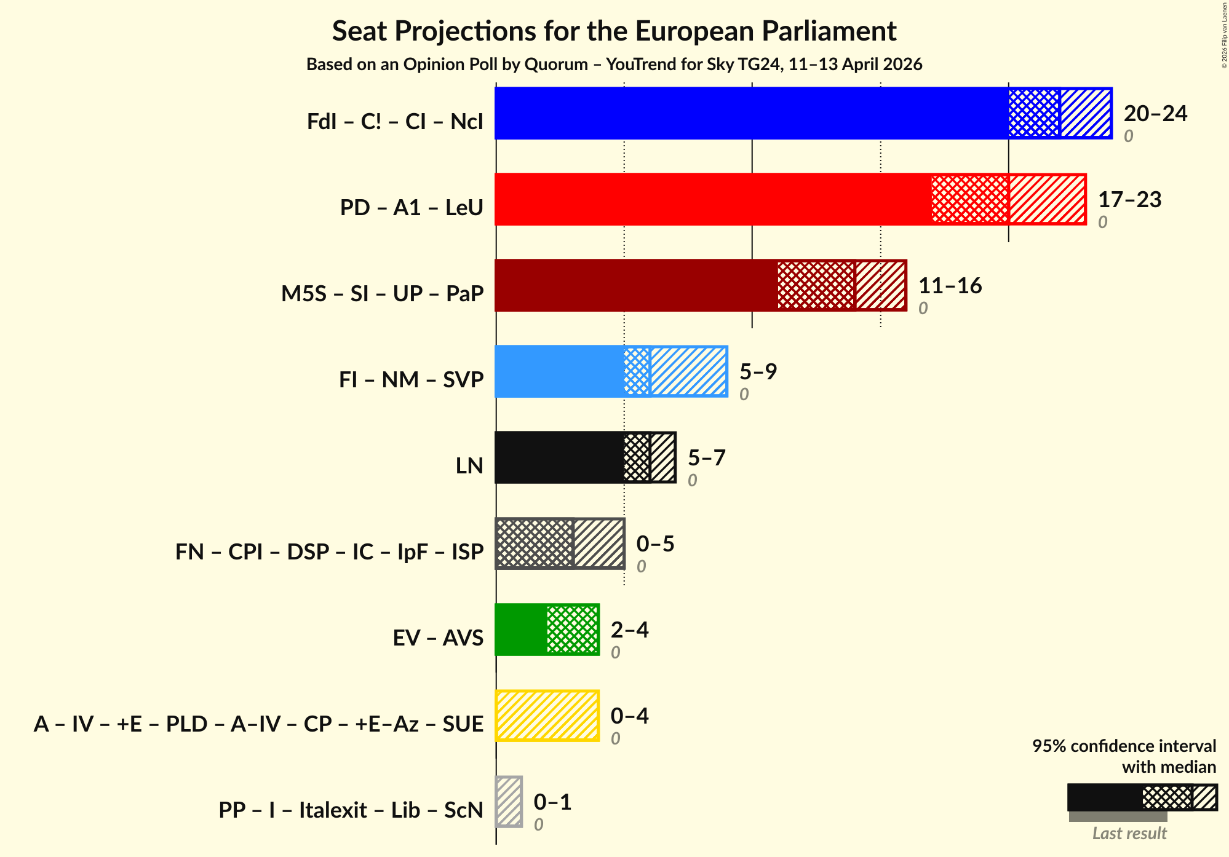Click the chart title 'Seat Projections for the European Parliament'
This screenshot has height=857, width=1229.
(x=614, y=31)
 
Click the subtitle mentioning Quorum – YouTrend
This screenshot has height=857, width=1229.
(x=614, y=65)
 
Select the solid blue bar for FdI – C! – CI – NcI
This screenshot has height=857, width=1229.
(x=751, y=113)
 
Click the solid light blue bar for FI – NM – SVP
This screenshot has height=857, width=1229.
(x=559, y=371)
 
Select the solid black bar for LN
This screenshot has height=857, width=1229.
(x=559, y=457)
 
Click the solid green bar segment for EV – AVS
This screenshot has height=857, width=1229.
(x=520, y=630)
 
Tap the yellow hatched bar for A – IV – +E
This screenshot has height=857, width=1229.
(x=547, y=716)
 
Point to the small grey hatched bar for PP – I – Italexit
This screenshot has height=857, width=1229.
(x=509, y=802)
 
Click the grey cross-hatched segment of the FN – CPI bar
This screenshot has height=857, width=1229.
(x=534, y=543)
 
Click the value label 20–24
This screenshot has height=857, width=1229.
(x=1155, y=114)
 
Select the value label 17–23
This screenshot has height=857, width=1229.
(x=1129, y=200)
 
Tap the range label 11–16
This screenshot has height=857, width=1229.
(x=950, y=286)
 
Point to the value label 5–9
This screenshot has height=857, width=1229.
(x=758, y=371)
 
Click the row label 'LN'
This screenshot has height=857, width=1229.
(x=469, y=466)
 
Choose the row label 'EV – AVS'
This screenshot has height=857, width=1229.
(x=438, y=638)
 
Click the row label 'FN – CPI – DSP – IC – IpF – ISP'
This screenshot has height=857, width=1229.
(x=329, y=552)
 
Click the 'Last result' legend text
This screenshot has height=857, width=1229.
(x=1129, y=834)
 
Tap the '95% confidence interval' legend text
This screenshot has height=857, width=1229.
(x=1124, y=746)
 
